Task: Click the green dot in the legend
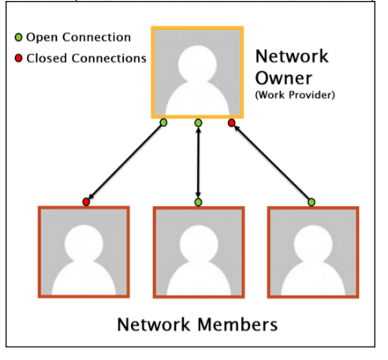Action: (18, 37)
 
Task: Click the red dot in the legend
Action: (18, 58)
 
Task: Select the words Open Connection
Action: (78, 37)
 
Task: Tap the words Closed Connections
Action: (86, 58)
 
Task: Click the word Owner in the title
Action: (284, 78)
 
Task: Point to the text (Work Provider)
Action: (295, 95)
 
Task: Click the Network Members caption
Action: (197, 324)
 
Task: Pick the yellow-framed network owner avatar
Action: (197, 73)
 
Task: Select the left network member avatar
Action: (84, 252)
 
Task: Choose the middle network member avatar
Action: (199, 253)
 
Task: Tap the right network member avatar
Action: (313, 253)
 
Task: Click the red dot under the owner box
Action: (232, 123)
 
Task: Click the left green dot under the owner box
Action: (163, 122)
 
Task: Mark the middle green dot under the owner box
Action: (198, 122)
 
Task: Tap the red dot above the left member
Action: (86, 202)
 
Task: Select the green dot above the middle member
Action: (198, 202)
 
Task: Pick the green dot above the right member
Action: (312, 202)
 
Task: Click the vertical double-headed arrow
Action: (198, 163)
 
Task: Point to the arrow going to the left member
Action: (125, 162)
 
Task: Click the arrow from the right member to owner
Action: (271, 162)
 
